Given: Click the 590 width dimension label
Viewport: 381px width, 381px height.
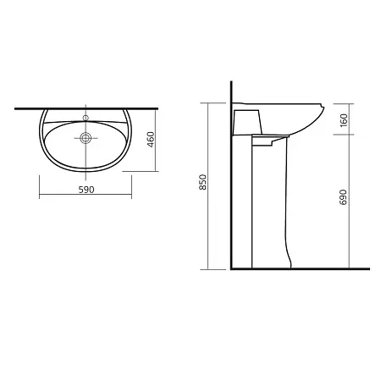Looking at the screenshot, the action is coord(86,190).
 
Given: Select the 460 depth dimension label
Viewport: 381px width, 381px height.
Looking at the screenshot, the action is coord(152,139).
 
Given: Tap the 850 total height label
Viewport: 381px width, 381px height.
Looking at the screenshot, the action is coord(203,182).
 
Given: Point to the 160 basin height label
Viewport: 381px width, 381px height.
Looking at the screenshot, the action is coord(344,120).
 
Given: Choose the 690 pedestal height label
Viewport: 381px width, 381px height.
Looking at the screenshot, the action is coord(343,197).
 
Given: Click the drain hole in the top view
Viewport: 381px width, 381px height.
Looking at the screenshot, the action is coord(86,138).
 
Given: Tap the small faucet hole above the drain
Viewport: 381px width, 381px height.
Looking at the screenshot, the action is coord(86,118).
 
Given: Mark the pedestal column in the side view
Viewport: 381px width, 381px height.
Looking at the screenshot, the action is coord(270,202).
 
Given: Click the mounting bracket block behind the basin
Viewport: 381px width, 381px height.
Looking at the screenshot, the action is coord(247,122).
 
